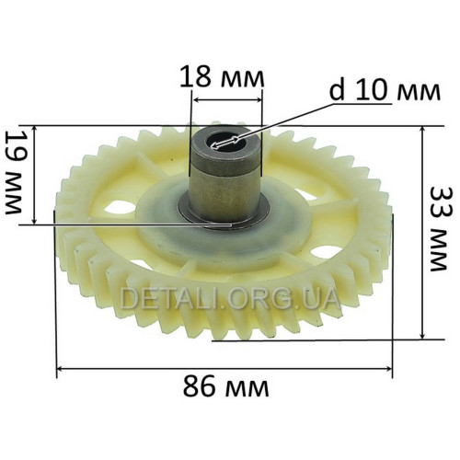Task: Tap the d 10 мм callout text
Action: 385,91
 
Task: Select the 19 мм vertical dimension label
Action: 15,173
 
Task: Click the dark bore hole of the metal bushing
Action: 226,142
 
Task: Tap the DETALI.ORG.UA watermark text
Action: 229,298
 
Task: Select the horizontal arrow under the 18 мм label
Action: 226,99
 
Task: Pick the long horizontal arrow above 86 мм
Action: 224,369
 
